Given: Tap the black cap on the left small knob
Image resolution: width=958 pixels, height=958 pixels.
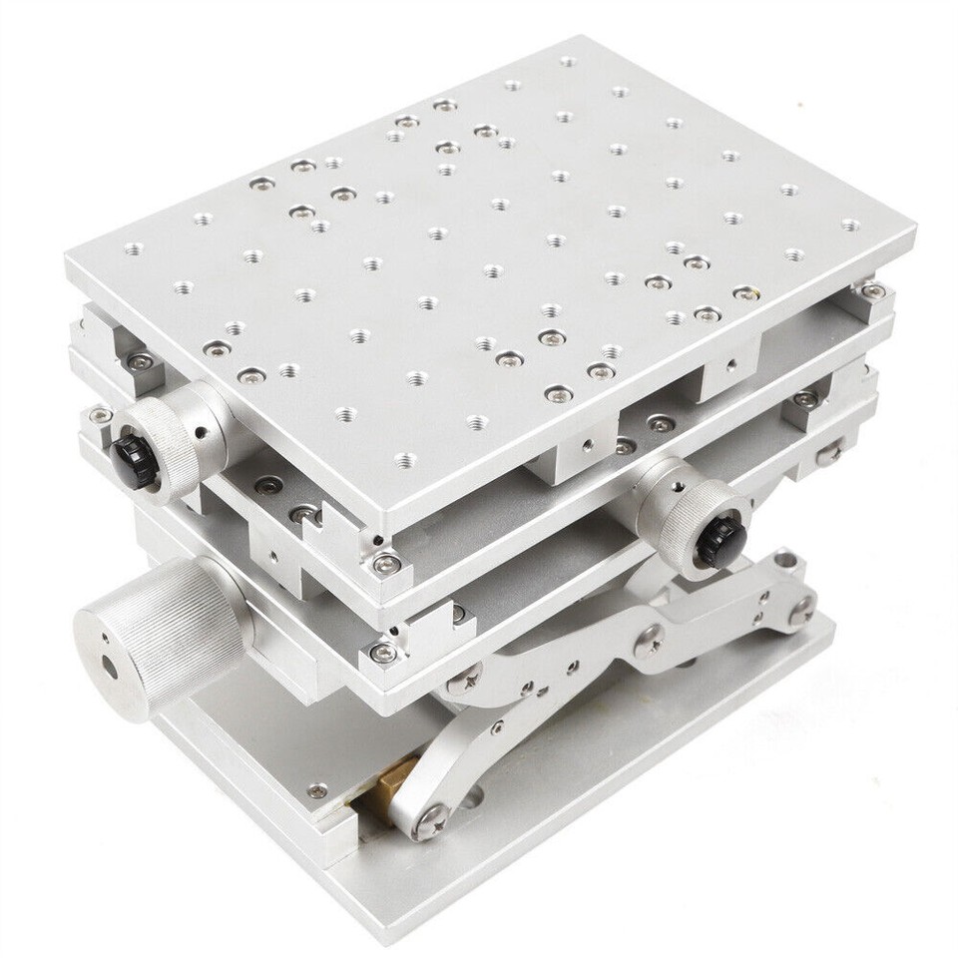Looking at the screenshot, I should (131, 457).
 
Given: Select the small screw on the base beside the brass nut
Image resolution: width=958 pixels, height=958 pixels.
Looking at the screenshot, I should (317, 790).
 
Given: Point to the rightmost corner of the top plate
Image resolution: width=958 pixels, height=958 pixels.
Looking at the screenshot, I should (914, 236).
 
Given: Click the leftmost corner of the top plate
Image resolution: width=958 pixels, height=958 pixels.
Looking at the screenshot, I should (68, 261).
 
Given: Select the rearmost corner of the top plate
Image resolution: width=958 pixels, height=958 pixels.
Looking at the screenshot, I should (599, 38).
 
